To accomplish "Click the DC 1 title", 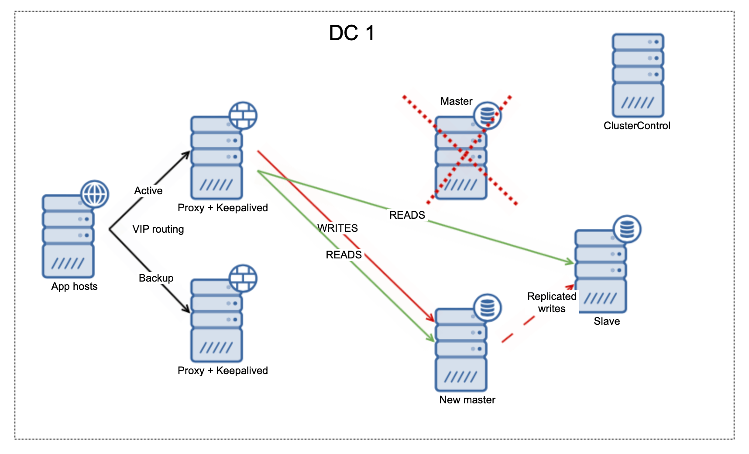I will click(x=351, y=33).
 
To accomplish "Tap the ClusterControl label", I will click(x=636, y=126).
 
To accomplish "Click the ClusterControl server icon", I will click(x=638, y=75).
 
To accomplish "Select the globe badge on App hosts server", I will click(x=95, y=194).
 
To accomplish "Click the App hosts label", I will click(x=74, y=286).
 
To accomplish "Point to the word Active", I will click(x=148, y=191).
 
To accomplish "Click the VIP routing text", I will click(x=158, y=229).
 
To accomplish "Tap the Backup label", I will click(x=156, y=278).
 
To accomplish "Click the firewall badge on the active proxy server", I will click(x=243, y=116).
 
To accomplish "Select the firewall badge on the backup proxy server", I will click(x=243, y=278).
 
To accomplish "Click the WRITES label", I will click(x=337, y=228).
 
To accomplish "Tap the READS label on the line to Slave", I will click(x=407, y=215).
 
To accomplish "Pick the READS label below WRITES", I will click(x=344, y=255).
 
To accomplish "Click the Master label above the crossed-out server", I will click(x=456, y=101).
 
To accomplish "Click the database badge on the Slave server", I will click(x=627, y=229).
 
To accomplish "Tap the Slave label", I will click(x=606, y=321).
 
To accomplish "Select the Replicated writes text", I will click(x=552, y=303).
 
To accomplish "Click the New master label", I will click(x=467, y=400).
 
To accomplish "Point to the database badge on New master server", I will click(x=487, y=308).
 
